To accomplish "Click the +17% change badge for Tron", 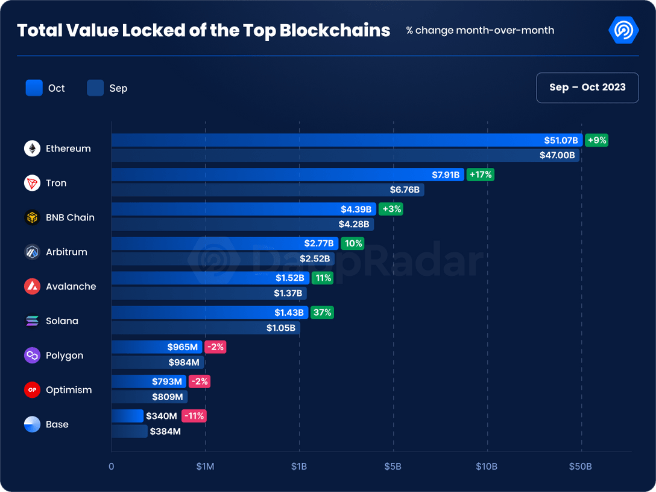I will pos(480,175).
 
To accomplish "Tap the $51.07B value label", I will pos(561,141).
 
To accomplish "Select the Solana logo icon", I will pos(32,321).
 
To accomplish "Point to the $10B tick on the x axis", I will pos(487,467).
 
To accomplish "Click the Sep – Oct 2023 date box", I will pos(587,88).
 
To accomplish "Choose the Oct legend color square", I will pos(34,88).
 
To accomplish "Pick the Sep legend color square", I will pos(95,88).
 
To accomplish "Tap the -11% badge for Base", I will pos(194,416).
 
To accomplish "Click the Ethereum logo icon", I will pos(32,149).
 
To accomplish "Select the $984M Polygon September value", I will pos(184,362).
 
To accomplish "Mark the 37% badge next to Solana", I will pos(322,313).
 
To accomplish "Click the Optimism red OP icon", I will pos(32,390).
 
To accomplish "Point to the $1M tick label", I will pos(205,467).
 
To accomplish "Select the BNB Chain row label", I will pos(70,217).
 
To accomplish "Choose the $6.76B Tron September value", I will pos(405,190).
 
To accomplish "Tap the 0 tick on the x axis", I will pos(111,467).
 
